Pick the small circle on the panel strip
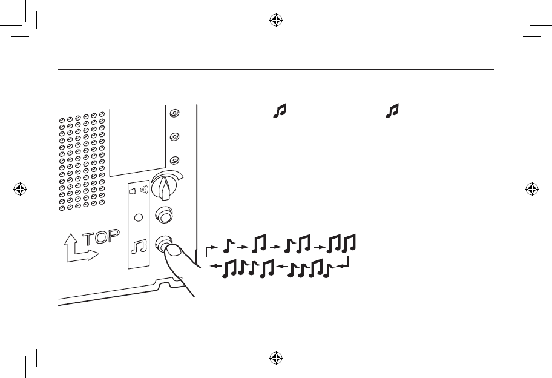139,216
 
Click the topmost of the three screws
174,113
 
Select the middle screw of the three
174,137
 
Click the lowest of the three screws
174,161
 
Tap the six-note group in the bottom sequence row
249,268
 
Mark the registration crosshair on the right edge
533,189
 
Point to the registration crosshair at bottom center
276,359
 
